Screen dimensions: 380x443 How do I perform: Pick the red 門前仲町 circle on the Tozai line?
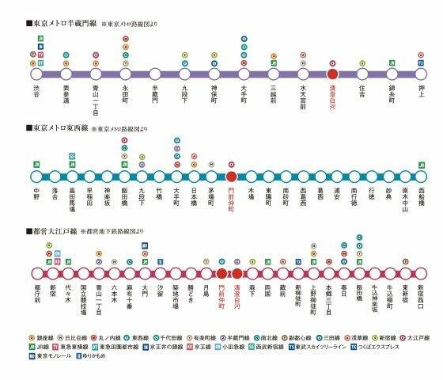pos(231,177)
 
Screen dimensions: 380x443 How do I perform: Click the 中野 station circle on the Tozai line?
pos(36,177)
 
